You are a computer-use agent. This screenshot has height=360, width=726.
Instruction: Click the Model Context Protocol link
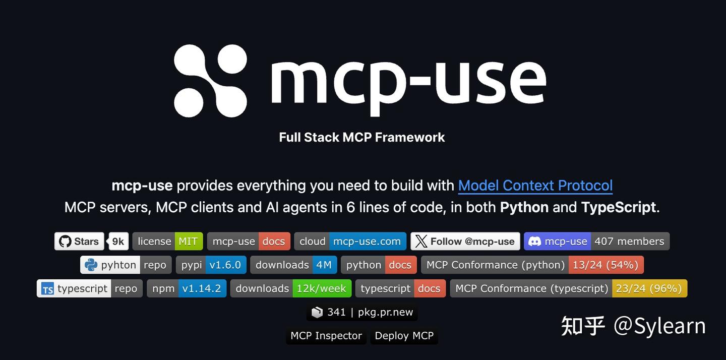point(535,186)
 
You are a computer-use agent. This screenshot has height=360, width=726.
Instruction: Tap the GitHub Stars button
point(79,242)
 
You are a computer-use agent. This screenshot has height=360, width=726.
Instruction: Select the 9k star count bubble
point(118,242)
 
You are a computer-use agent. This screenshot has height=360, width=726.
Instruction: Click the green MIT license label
point(189,242)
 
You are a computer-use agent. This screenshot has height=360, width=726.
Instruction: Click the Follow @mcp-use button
point(465,242)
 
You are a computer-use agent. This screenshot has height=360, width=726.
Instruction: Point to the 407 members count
point(630,242)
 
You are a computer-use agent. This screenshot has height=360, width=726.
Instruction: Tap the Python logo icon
point(91,265)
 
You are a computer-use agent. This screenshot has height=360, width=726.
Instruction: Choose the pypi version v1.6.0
point(226,265)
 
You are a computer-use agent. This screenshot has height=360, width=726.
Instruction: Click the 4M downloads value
point(325,265)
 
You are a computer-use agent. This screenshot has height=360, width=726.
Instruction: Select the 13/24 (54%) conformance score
point(606,265)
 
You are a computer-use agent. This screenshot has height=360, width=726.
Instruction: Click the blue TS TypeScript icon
point(47,288)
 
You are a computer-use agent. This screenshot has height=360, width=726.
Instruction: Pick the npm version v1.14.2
point(202,288)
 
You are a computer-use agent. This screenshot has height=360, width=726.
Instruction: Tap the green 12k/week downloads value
point(322,288)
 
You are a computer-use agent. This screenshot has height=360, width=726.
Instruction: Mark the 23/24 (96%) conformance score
point(649,288)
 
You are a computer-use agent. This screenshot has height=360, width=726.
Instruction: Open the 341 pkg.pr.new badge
point(362,312)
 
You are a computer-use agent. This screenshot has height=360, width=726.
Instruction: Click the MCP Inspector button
point(326,336)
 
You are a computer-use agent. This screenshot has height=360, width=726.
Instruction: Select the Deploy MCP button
point(404,336)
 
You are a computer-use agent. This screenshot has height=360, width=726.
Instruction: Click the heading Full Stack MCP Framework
point(361,137)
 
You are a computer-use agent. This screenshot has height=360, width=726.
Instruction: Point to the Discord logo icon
point(534,242)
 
